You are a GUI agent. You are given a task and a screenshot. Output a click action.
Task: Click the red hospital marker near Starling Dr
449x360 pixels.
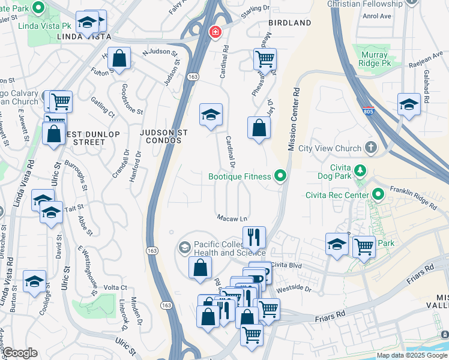click(x=214, y=32)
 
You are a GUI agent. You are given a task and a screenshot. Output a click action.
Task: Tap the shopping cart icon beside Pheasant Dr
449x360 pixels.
click(x=265, y=59)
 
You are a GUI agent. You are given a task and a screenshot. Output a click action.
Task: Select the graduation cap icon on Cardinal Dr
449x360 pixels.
click(x=211, y=114)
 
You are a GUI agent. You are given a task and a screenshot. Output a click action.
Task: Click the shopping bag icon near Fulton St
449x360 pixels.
click(x=119, y=59)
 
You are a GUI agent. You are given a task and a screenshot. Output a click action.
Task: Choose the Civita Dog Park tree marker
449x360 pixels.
click(x=360, y=170)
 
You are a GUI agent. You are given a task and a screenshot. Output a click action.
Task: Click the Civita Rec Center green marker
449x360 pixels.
click(x=378, y=194)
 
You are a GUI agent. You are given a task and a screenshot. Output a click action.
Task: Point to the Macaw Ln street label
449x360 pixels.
click(x=232, y=218)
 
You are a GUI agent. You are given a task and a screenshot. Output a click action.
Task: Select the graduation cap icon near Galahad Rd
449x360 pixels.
click(x=409, y=104)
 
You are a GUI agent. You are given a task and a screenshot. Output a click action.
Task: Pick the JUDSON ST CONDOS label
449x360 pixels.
click(x=160, y=136)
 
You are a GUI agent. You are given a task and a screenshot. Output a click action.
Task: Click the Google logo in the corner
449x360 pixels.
click(x=19, y=353)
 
